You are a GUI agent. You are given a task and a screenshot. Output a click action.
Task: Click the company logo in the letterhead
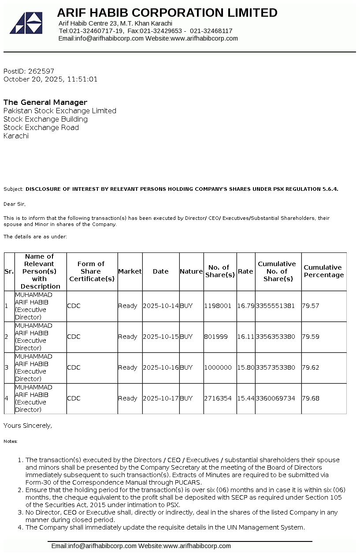26,23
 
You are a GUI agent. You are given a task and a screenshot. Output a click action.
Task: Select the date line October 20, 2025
50,79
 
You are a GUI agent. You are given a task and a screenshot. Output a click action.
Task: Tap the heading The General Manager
45,102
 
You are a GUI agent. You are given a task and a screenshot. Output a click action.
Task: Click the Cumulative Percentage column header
323,271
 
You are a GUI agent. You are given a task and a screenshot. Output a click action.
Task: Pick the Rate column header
245,271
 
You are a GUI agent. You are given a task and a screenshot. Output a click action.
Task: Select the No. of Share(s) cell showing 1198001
218,306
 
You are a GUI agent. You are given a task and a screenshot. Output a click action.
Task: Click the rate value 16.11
245,337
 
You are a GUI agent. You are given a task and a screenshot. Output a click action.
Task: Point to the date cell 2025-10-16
160,367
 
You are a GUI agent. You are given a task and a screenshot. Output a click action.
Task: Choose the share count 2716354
218,398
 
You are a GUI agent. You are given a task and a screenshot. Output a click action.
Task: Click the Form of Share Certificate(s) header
92,271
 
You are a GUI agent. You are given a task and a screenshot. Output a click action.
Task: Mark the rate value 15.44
245,398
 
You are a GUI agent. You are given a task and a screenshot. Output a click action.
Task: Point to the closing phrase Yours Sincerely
28,426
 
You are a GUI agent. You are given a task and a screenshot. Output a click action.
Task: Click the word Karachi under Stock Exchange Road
16,136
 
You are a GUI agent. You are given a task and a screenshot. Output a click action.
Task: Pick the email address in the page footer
93,546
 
